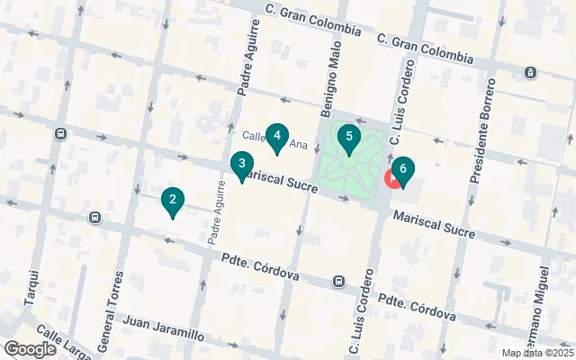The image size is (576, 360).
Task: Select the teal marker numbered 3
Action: pyautogui.click(x=240, y=165)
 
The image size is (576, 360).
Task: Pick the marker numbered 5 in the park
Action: pyautogui.click(x=349, y=138)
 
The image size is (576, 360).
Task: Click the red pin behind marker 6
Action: pyautogui.click(x=392, y=177)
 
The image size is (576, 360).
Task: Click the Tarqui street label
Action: pyautogui.click(x=37, y=287)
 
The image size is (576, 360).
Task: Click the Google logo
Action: pyautogui.click(x=30, y=349)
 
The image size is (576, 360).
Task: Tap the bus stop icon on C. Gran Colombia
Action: pyautogui.click(x=532, y=72)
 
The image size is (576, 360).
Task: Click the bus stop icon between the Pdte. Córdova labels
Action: pyautogui.click(x=337, y=281)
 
